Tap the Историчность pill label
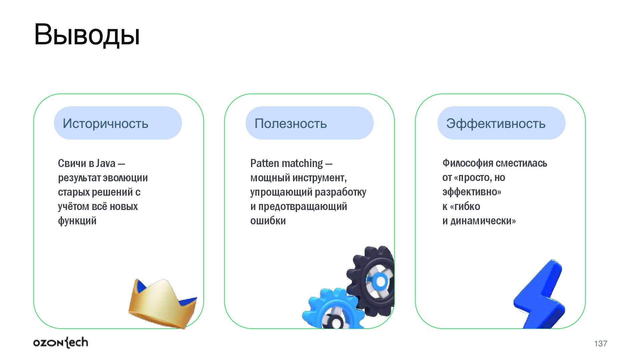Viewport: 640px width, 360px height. point(105,124)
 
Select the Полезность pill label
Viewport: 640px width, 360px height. point(290,124)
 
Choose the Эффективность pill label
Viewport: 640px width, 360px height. point(496,124)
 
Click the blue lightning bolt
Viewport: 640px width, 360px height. point(540,297)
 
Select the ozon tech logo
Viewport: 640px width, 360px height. point(61,343)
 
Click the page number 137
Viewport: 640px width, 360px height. point(600,344)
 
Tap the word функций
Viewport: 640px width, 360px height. point(77,221)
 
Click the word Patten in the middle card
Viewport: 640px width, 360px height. point(264,163)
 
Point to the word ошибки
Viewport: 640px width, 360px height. point(268,221)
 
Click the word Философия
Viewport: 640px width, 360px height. point(468,163)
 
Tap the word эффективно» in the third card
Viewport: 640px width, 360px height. point(472,192)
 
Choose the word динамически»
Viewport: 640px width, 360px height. point(483,221)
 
